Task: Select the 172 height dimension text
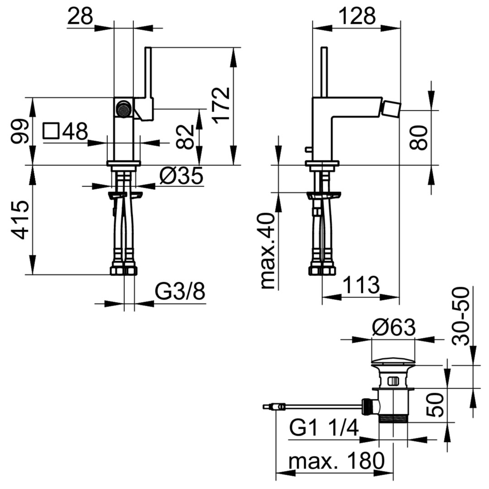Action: [x=221, y=105]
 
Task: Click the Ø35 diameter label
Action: [x=181, y=175]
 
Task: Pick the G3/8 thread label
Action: [x=180, y=292]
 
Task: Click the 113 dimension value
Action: [x=361, y=285]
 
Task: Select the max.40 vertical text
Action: [x=268, y=251]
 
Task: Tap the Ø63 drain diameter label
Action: [x=394, y=327]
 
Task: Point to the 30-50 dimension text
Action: [x=460, y=316]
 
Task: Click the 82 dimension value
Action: [x=185, y=137]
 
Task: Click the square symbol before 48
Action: [x=51, y=131]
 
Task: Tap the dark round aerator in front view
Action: [x=124, y=108]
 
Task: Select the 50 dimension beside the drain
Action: [x=435, y=405]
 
